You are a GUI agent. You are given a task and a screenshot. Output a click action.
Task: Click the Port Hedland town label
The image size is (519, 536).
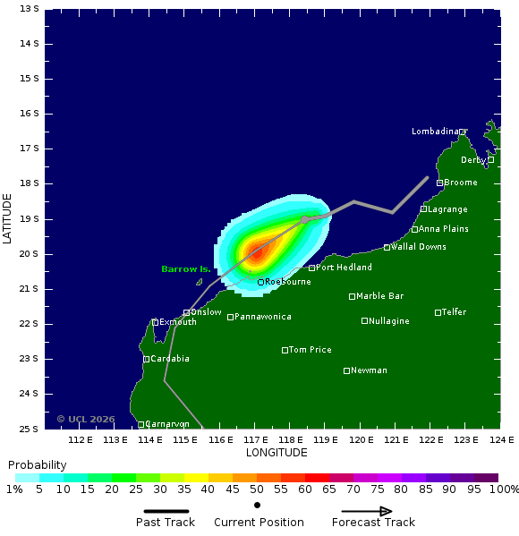coord(345,268)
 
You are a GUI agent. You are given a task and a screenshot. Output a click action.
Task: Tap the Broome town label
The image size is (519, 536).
coord(461,183)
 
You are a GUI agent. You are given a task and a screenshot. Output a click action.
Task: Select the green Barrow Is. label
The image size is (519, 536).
coord(186,269)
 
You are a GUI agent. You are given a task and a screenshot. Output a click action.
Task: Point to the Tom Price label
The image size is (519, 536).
coord(310,350)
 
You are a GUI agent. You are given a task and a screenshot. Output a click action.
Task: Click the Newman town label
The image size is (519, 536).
coord(370,370)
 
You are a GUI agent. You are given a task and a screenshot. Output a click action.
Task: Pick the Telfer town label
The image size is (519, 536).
coord(454,312)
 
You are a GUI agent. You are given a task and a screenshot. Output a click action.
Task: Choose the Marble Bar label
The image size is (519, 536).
coord(379,296)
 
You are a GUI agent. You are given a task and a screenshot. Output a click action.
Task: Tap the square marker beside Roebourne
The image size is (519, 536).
coord(260,282)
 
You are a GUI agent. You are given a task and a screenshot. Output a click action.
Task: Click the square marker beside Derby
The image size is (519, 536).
coord(490,160)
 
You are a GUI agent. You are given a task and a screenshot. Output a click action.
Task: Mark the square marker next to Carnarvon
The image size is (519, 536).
coord(141,424)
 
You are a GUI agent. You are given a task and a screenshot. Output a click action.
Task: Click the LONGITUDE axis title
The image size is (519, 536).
coord(277,453)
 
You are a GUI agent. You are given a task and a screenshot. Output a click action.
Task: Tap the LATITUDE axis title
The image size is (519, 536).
coord(8,218)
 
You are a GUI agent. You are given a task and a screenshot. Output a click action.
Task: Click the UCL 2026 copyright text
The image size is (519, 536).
coord(86,419)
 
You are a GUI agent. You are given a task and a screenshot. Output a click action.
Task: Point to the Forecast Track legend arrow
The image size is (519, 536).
coord(367,512)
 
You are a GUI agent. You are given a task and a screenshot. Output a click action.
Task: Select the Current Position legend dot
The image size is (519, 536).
coord(258,506)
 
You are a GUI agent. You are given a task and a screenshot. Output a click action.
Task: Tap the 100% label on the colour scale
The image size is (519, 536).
coord(505,489)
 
